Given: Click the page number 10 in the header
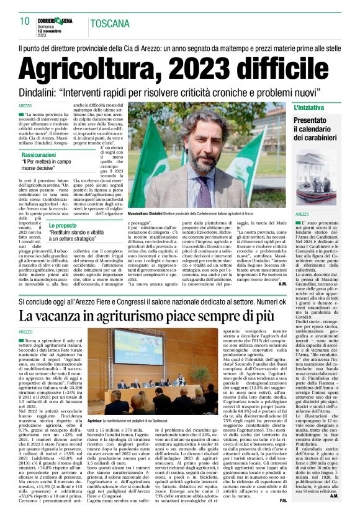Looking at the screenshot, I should (x=25, y=21).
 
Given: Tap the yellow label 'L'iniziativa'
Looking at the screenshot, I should (x=308, y=108).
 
